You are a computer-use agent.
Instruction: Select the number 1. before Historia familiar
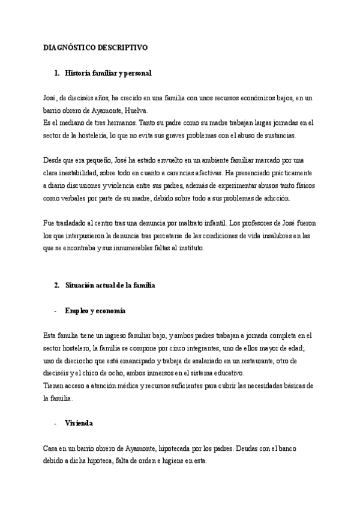(57, 73)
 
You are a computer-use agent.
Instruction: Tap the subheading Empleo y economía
(95, 310)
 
